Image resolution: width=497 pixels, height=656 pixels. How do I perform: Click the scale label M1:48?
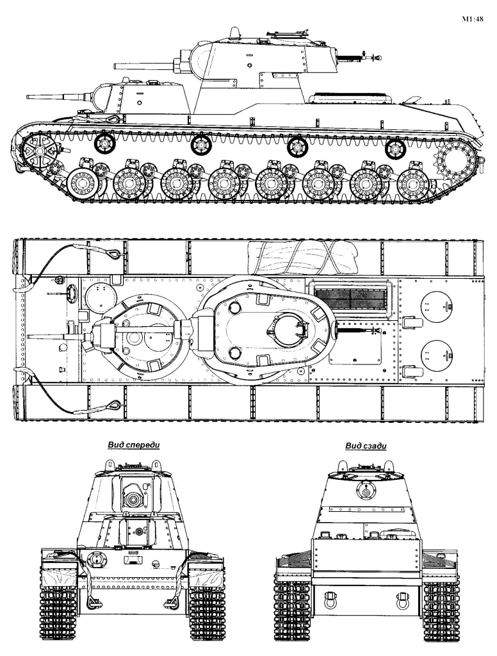[472, 19]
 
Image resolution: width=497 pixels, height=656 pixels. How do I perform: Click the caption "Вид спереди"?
[134, 445]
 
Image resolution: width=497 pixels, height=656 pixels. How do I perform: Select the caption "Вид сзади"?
[366, 446]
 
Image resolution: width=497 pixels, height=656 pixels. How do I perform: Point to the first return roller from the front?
[104, 143]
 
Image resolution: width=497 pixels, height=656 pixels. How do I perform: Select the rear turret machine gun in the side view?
[361, 57]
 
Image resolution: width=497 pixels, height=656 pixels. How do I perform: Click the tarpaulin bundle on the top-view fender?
[304, 256]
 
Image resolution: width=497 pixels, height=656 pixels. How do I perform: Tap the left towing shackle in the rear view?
[330, 602]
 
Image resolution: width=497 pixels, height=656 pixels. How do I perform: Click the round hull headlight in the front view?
[96, 560]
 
